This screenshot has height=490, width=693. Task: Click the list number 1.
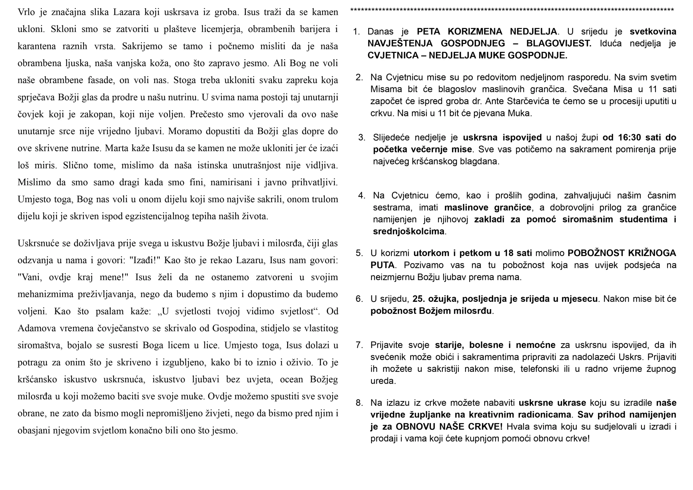(356, 32)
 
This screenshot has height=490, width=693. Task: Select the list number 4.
(361, 196)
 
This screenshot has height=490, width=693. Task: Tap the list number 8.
(359, 403)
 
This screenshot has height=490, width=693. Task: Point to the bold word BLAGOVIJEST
(559, 44)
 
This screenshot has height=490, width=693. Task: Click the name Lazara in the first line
(126, 12)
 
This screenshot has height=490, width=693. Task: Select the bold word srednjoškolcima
(408, 231)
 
